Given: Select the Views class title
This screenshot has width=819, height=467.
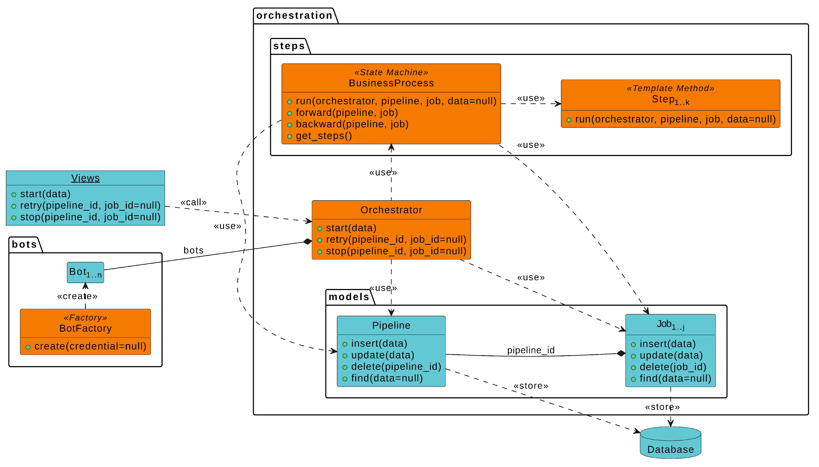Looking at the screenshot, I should tap(85, 178).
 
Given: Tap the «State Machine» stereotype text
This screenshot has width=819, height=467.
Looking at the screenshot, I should tap(391, 73).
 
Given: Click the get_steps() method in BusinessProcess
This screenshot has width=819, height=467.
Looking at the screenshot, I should tap(324, 136).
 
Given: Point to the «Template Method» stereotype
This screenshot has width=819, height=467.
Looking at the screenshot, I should tap(670, 88).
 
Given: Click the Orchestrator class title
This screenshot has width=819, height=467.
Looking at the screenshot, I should tap(391, 210).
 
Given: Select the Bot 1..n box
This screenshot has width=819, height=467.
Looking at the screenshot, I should tap(85, 272).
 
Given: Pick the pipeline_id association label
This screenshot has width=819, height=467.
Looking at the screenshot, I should tap(530, 350).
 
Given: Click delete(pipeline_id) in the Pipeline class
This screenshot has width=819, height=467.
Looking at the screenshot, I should tap(396, 366).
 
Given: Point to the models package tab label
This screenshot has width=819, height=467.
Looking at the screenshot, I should tap(349, 297).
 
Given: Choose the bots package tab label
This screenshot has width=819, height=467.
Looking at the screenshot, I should tap(24, 245).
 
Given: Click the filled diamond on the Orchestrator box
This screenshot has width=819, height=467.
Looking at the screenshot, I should tap(307, 241).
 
